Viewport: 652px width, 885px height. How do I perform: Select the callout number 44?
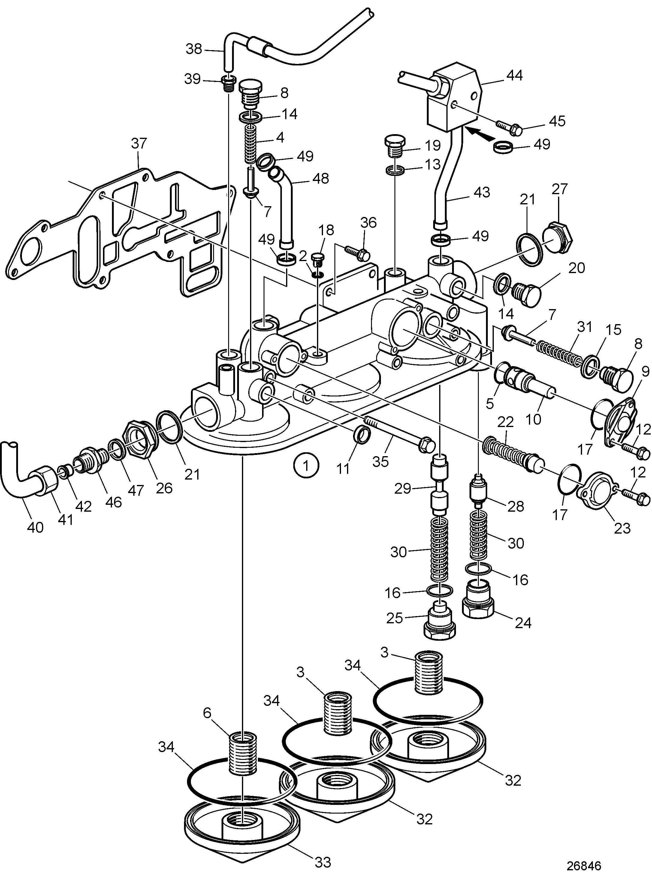(514, 75)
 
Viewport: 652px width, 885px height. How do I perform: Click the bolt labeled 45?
(508, 127)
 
